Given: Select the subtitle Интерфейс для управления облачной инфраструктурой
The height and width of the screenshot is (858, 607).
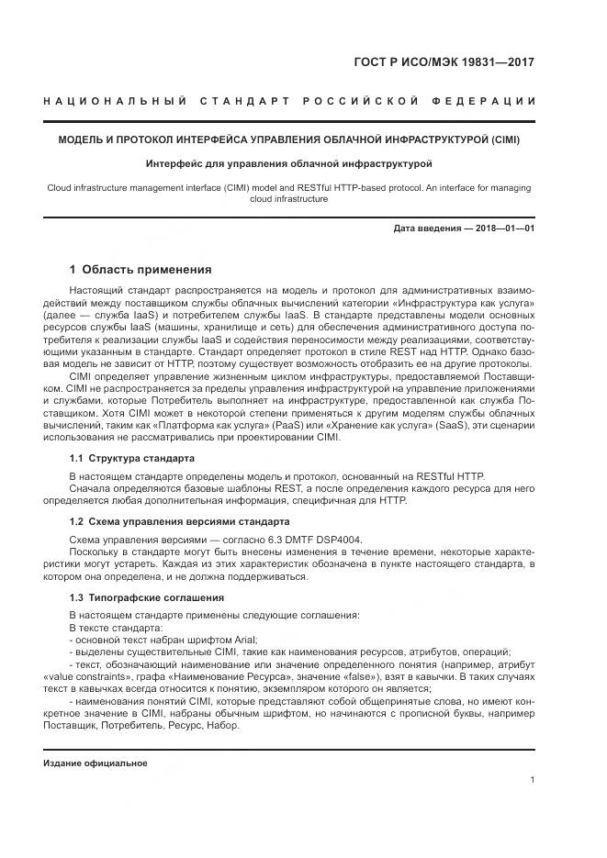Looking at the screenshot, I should click(x=288, y=164).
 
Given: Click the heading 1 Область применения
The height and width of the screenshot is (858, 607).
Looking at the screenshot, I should click(x=141, y=270).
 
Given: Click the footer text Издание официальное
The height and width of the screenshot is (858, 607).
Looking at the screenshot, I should click(x=96, y=763).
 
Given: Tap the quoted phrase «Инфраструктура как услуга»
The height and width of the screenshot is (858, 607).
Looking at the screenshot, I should click(x=464, y=302).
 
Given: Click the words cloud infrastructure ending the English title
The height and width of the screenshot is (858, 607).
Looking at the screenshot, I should click(x=288, y=199).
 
